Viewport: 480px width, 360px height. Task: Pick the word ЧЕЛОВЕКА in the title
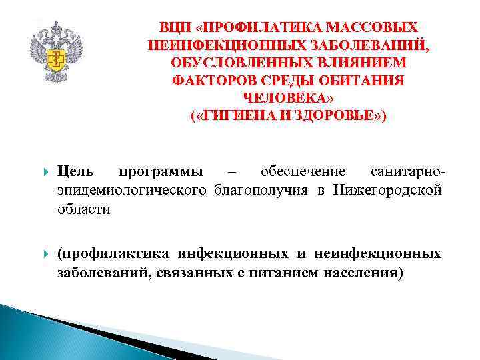(x=288, y=98)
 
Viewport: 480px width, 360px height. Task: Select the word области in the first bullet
(x=83, y=209)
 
